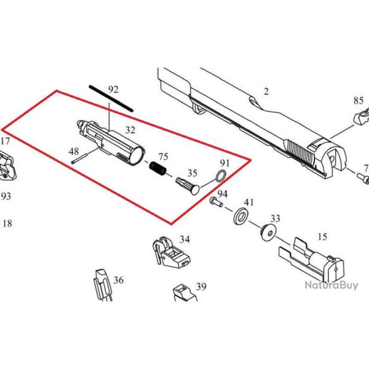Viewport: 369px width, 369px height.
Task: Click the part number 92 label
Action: pos(113,90)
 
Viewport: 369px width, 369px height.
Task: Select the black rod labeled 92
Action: pos(111,98)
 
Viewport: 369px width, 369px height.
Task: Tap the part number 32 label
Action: pos(130,130)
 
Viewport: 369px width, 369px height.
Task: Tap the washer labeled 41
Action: pos(242,216)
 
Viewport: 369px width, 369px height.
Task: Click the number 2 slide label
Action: pos(266,92)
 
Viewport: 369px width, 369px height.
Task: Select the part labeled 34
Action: pos(167,254)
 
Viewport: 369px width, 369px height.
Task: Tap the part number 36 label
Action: pos(119,280)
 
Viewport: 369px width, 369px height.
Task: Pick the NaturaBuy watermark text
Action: pos(330,285)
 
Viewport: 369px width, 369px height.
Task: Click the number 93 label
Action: pos(6,197)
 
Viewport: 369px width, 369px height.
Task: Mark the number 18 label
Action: pos(7,224)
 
